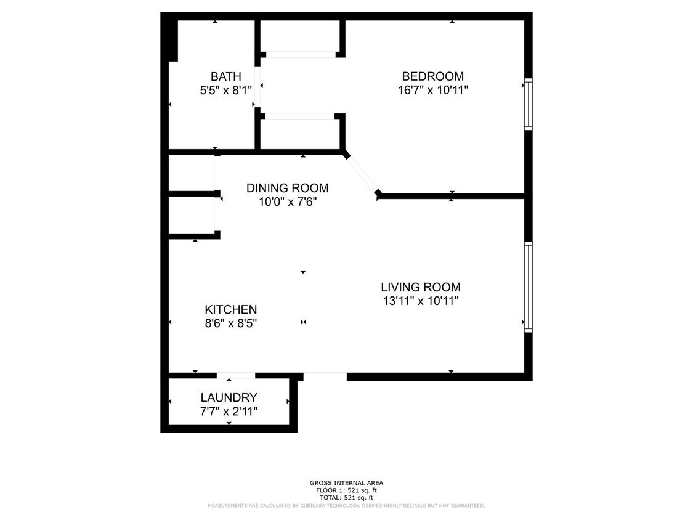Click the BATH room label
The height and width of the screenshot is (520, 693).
[225, 76]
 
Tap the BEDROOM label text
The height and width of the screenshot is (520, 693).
[432, 76]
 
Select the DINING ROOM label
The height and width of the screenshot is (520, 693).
[287, 188]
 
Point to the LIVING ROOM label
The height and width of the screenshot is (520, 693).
[420, 287]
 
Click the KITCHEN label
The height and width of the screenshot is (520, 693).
[230, 309]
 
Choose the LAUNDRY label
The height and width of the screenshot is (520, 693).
[229, 397]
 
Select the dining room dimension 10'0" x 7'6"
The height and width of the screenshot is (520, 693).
[288, 201]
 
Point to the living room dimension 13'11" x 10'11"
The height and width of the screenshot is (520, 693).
[420, 301]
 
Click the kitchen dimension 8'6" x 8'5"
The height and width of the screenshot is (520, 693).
[230, 323]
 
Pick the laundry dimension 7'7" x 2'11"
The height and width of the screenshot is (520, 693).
[229, 411]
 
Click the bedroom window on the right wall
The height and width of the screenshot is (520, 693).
[528, 104]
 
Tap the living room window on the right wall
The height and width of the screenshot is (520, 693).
[528, 287]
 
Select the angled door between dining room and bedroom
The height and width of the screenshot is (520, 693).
[363, 174]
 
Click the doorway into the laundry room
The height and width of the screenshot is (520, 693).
[236, 375]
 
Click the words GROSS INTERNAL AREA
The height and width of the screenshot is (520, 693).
[346, 483]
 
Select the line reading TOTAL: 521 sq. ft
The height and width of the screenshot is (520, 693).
[346, 498]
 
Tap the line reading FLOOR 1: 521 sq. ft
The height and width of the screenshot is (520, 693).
[346, 490]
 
